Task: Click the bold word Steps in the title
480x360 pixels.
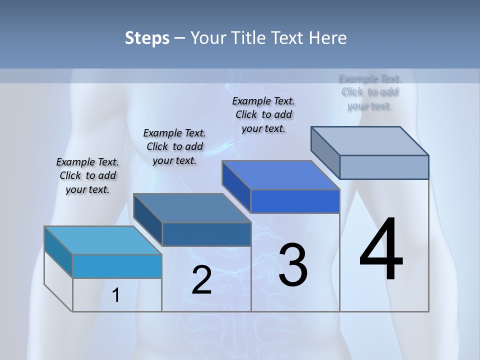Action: [x=147, y=38]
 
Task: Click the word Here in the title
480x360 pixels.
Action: [x=328, y=38]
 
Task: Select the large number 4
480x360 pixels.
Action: [x=381, y=250]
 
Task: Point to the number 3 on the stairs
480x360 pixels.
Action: [x=292, y=265]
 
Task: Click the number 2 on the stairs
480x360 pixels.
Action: [x=201, y=280]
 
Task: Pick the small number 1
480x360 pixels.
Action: [x=116, y=295]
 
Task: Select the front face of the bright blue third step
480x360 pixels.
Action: [x=295, y=201]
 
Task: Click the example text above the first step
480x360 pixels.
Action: [x=87, y=175]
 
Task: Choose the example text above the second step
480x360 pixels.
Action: [x=174, y=146]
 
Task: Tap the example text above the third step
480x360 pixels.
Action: [x=263, y=114]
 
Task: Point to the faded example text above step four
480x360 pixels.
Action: [x=370, y=92]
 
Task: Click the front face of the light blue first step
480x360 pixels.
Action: [x=117, y=266]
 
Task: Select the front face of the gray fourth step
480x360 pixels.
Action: [x=384, y=167]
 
